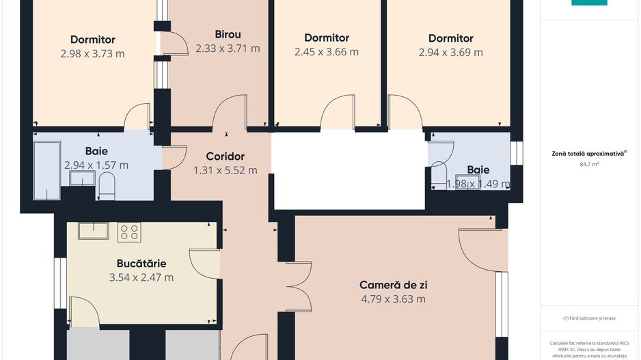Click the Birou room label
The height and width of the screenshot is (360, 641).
tap(228, 34)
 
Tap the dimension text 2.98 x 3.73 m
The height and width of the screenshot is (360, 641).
tap(92, 54)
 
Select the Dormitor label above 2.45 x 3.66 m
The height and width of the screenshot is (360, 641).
tap(327, 38)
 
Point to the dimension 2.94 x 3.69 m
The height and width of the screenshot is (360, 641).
tap(450, 53)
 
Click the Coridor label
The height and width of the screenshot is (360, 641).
tap(225, 156)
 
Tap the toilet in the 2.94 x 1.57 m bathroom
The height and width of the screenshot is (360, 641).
tap(107, 185)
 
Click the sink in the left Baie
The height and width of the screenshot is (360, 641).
tap(81, 179)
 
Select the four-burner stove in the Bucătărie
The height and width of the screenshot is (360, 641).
tap(129, 232)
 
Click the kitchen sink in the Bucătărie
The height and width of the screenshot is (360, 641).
tap(93, 231)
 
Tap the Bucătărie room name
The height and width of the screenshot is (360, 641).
tap(141, 263)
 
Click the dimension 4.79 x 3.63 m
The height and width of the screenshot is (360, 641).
tap(393, 299)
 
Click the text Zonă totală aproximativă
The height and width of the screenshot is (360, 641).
tap(588, 154)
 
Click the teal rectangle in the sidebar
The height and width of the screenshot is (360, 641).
tap(589, 3)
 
